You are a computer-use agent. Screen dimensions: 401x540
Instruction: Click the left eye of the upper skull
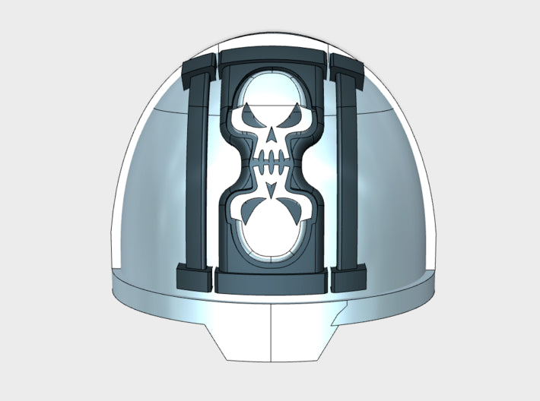click(x=253, y=121)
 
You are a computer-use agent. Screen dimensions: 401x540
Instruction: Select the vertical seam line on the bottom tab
click(x=272, y=334)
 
